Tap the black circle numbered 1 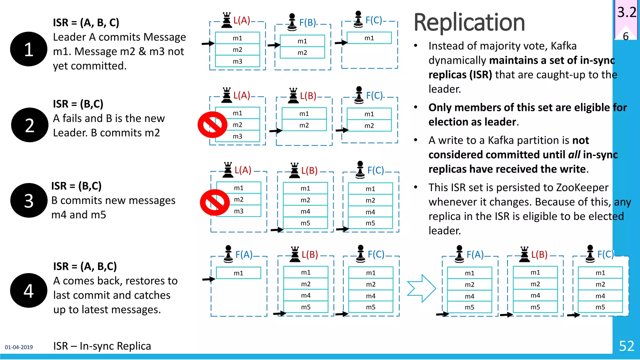tap(28, 49)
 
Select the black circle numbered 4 tap(28, 290)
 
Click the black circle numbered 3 tap(28, 200)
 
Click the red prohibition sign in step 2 tap(212, 125)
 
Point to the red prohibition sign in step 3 tap(215, 202)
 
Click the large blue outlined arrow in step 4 tap(421, 288)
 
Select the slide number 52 tap(626, 346)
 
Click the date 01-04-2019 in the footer tap(19, 347)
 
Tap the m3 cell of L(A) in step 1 tap(237, 61)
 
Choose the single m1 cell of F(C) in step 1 tap(369, 38)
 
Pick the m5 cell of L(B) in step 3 tap(305, 223)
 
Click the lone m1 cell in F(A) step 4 tap(238, 273)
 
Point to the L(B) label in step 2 tap(308, 96)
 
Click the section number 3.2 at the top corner tap(626, 12)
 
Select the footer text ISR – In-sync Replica tap(102, 346)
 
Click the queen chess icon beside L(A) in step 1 tap(227, 20)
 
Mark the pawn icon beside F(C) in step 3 tap(360, 169)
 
